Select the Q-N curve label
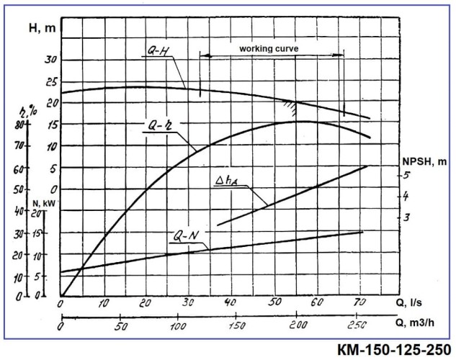189,235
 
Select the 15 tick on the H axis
49,125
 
